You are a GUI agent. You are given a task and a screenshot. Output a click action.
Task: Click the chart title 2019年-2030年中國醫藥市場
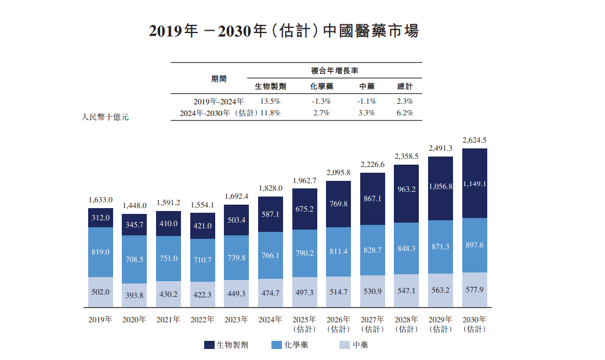284,31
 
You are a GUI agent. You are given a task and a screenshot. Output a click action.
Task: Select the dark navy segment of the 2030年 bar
474,183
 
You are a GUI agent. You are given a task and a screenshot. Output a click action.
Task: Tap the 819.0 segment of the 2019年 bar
100,252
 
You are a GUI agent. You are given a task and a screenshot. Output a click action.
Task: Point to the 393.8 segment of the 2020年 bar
134,295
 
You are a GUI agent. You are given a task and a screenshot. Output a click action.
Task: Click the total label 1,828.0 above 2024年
271,188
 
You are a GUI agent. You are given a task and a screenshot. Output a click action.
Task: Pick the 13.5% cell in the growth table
270,101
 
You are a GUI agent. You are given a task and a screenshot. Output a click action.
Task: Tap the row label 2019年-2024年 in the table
215,101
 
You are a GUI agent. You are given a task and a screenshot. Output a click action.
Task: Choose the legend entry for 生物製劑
226,345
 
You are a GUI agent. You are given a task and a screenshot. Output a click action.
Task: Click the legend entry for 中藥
353,345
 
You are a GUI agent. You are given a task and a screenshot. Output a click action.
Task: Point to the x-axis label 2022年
202,319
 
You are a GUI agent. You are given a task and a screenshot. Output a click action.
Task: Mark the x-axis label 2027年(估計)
372,324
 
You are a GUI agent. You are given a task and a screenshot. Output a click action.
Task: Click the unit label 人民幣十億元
105,117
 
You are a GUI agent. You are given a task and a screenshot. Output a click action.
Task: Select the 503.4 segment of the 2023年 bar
237,220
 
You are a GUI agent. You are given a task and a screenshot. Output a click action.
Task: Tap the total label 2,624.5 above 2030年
474,140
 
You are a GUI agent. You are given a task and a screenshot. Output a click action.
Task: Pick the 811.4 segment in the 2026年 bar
339,252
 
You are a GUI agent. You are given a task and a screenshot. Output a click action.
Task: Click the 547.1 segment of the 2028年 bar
406,291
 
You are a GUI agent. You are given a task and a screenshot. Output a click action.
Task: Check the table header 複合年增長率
334,70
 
